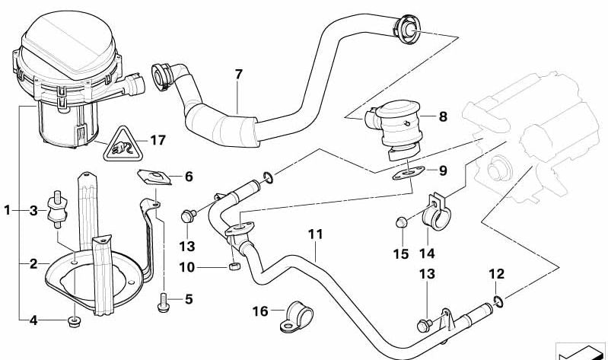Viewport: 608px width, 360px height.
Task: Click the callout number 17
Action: click(x=158, y=140)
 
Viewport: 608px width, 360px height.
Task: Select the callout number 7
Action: click(x=238, y=75)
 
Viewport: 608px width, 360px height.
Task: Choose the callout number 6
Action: click(x=188, y=177)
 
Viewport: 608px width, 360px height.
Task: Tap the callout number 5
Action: click(x=188, y=299)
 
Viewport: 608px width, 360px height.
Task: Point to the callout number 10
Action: click(x=188, y=266)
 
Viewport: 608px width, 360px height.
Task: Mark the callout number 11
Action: click(x=316, y=234)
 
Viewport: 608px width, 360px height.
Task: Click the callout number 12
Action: click(x=496, y=273)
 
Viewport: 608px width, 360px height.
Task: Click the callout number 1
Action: click(x=7, y=210)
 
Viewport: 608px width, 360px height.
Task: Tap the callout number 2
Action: click(x=33, y=264)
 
